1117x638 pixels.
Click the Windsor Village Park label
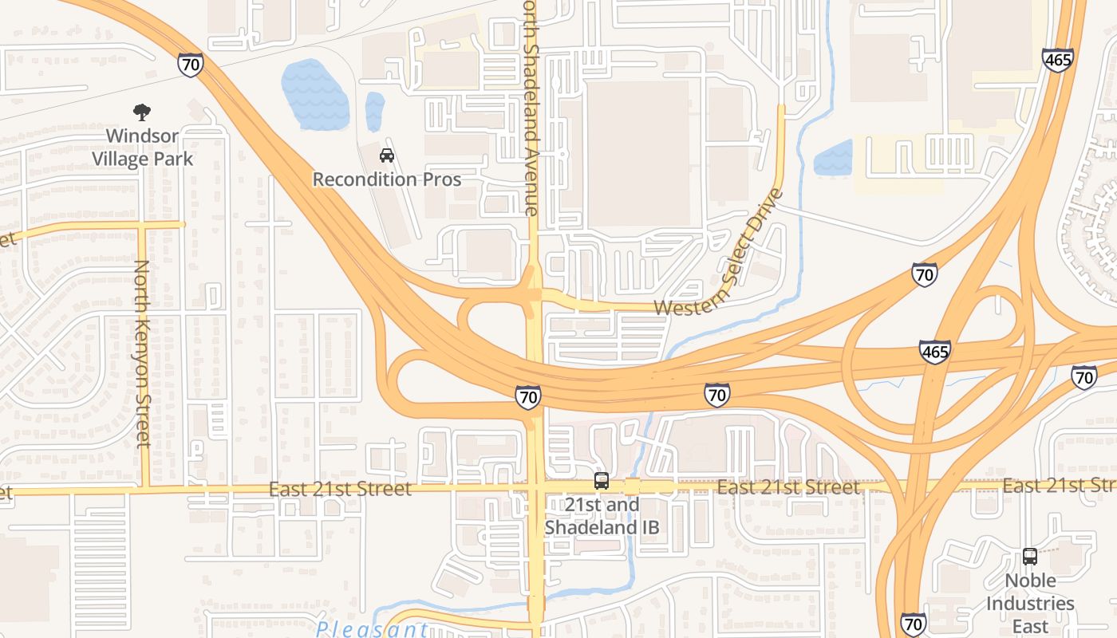[x=142, y=148]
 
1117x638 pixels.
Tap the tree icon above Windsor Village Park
[x=142, y=112]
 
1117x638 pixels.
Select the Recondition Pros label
[x=387, y=179]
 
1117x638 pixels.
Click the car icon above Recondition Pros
[x=387, y=155]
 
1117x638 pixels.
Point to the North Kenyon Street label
[x=142, y=353]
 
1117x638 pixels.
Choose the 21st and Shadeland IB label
[x=602, y=516]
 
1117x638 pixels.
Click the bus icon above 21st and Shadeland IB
[x=602, y=481]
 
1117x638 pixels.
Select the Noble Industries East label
[x=1029, y=603]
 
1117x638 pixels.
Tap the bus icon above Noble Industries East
[x=1030, y=557]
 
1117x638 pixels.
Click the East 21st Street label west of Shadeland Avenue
[x=340, y=488]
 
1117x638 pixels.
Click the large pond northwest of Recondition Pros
[x=315, y=93]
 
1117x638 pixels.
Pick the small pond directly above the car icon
[x=374, y=111]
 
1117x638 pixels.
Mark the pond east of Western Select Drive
[x=833, y=158]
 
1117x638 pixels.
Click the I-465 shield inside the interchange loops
[x=934, y=352]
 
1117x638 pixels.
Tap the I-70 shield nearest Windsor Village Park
[x=191, y=65]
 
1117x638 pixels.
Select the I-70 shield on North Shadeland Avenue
[x=528, y=396]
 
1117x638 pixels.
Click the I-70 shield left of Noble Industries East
[x=914, y=624]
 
